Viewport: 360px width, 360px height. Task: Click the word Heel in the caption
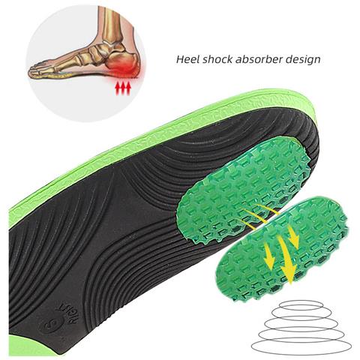coord(188,59)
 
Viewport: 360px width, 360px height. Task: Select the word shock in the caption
coord(218,59)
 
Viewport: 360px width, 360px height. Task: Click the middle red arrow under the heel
coord(123,89)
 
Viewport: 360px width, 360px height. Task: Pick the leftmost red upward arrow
coord(117,89)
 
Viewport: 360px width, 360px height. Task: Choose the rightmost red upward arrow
coord(128,89)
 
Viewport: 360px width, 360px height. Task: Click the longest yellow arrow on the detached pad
coord(286,260)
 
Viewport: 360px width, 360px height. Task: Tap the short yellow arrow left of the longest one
coord(268,256)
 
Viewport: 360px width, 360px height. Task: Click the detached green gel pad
coord(283,249)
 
